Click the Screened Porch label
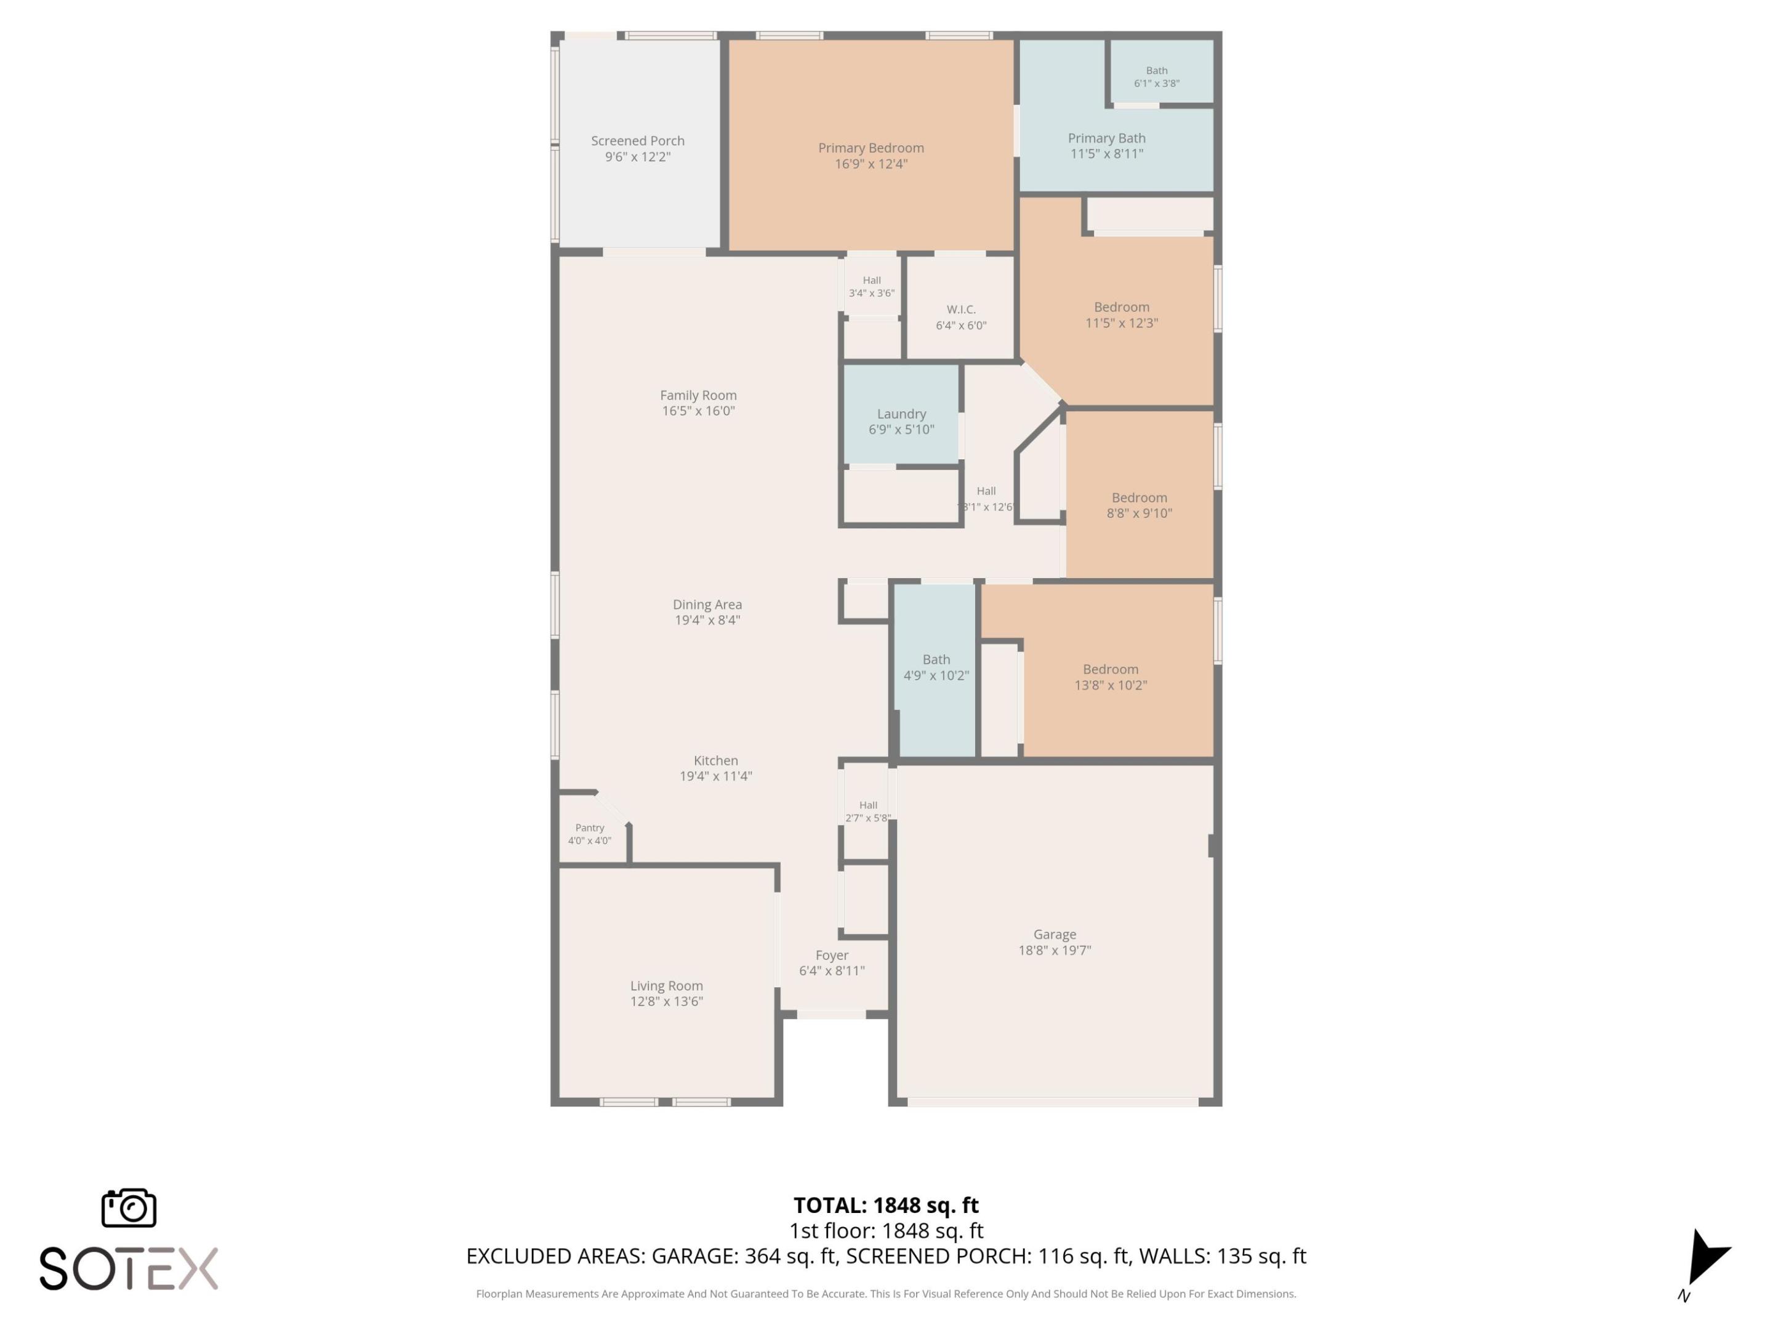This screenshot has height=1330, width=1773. coord(637,141)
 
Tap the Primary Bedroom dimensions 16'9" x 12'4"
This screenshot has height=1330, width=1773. coord(870,164)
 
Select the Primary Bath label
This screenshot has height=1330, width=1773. coord(1106,139)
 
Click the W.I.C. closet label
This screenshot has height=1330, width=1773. coord(960,310)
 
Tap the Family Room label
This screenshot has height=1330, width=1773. coord(698,395)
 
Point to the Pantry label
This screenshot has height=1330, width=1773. coord(589,828)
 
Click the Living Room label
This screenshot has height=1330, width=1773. coord(666,986)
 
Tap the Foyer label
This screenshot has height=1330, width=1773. coord(831,956)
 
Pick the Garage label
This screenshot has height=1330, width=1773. coord(1054,935)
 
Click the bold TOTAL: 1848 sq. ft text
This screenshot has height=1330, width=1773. coord(886,1206)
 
